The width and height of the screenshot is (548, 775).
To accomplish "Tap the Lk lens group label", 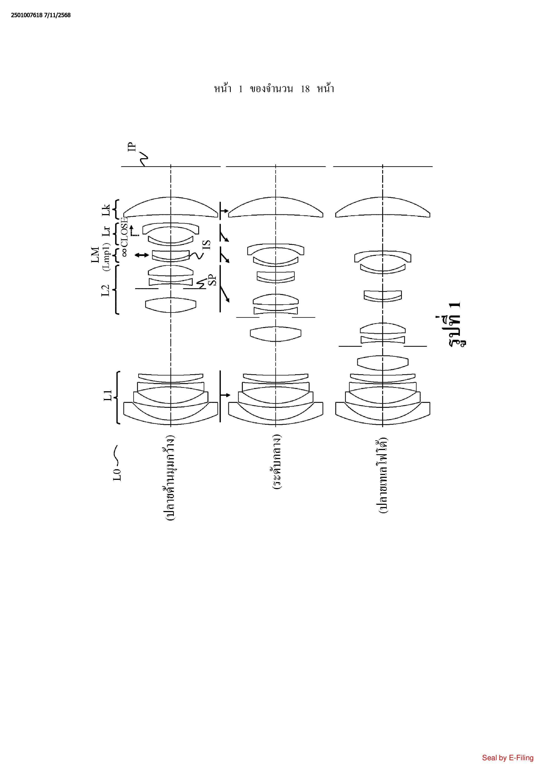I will pyautogui.click(x=106, y=210).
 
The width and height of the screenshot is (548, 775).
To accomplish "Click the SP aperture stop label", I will pyautogui.click(x=212, y=280).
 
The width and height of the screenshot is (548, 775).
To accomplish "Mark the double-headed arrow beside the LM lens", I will pyautogui.click(x=141, y=255).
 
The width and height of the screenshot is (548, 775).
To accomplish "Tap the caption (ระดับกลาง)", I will pyautogui.click(x=277, y=462).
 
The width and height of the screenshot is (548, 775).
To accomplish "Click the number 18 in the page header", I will pyautogui.click(x=305, y=89).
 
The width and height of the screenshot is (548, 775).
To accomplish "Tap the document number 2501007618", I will pyautogui.click(x=27, y=15).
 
